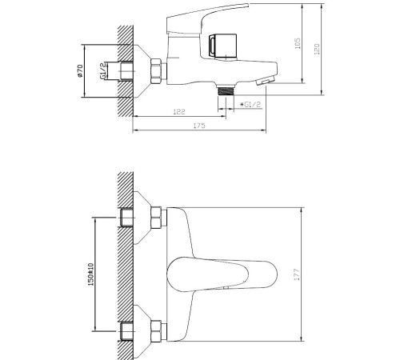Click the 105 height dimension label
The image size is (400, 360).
pos(298,43)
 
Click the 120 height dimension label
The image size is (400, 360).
pos(317,49)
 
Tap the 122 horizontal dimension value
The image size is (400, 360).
pos(179,112)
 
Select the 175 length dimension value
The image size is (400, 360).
pos(199,126)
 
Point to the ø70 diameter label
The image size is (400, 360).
pos(80,71)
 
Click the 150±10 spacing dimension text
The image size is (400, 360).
pos(90,274)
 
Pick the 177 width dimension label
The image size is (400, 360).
pos(297,274)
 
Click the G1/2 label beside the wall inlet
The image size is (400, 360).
pos(103,71)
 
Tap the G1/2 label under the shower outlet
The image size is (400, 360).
pos(250,105)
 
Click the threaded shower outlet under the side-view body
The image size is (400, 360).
pos(226,91)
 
